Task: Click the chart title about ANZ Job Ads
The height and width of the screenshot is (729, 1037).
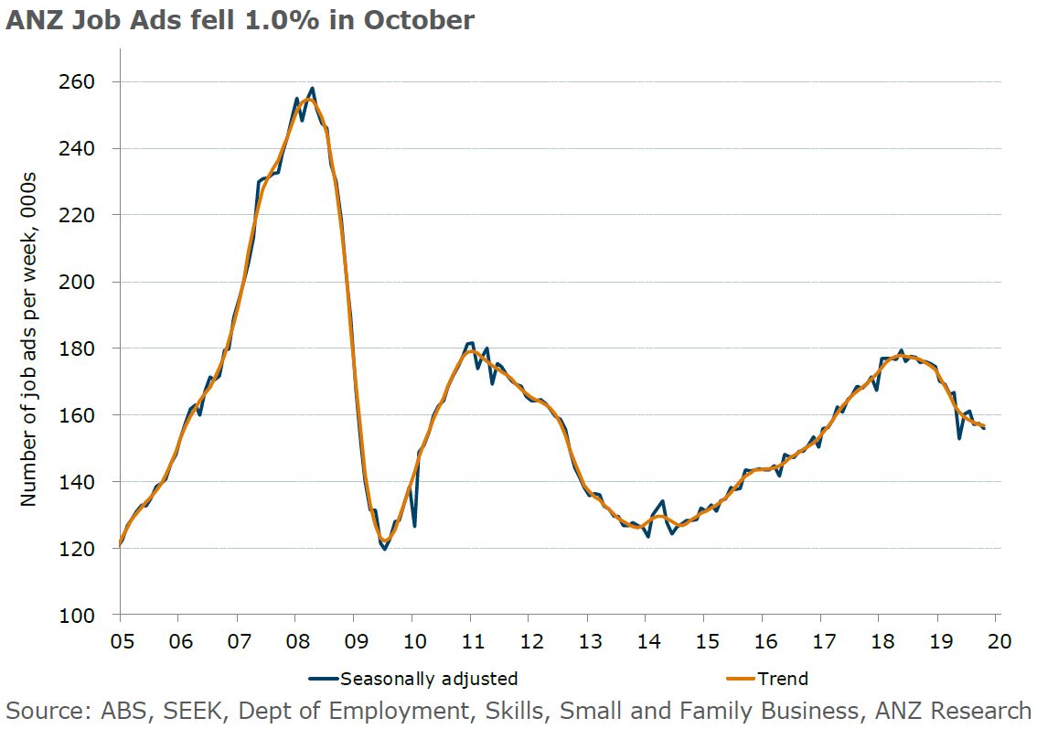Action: pyautogui.click(x=240, y=19)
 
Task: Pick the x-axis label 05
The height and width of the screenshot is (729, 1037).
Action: pyautogui.click(x=120, y=641)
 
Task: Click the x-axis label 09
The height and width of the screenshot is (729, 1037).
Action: pyautogui.click(x=355, y=641)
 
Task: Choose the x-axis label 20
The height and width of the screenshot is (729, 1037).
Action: pyautogui.click(x=1000, y=641)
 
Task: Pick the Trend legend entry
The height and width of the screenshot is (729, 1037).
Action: pyautogui.click(x=782, y=679)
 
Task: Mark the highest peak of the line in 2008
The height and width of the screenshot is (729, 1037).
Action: pyautogui.click(x=312, y=89)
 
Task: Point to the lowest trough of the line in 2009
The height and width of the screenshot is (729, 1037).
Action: pyautogui.click(x=385, y=549)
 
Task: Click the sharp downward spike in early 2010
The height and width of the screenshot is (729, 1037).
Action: pyautogui.click(x=414, y=526)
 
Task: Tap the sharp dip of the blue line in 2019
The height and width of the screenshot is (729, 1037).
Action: pyautogui.click(x=959, y=438)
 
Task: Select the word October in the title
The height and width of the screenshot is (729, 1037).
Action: pyautogui.click(x=419, y=19)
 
